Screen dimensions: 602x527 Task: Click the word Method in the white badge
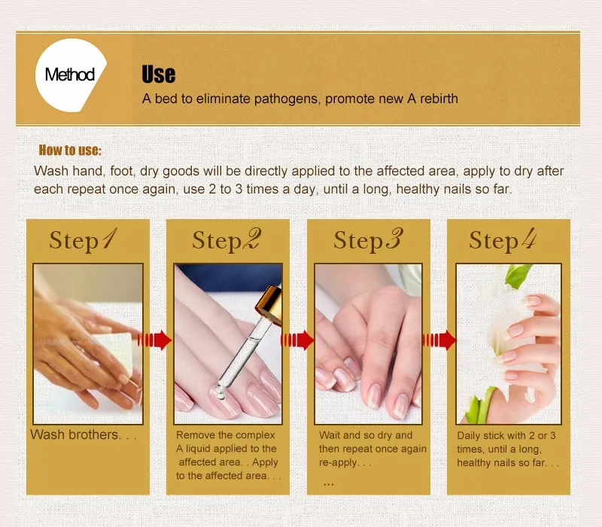(69, 75)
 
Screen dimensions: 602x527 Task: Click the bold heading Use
(159, 74)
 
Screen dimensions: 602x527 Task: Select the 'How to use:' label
(70, 150)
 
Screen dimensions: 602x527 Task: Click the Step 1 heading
(84, 239)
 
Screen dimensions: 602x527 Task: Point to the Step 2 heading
(227, 239)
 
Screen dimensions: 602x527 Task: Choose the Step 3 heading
(368, 239)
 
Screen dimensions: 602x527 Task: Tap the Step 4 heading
(503, 239)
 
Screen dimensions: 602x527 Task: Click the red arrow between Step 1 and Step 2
(154, 340)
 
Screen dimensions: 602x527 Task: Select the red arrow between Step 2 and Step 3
(297, 340)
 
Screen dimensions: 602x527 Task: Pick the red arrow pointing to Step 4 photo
(439, 340)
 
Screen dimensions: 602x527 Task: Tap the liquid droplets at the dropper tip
(220, 391)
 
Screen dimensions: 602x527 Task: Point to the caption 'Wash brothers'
(84, 435)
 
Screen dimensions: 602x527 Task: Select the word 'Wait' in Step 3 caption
(330, 435)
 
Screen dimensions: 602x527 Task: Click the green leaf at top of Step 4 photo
(518, 276)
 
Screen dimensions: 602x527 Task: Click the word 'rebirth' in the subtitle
(439, 99)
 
